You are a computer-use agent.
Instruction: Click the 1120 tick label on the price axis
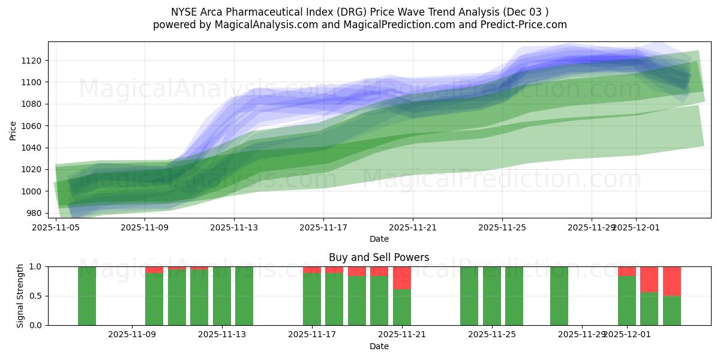[x=32, y=61]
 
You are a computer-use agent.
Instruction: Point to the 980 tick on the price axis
[x=34, y=214]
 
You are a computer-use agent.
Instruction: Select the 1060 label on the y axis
[x=32, y=126]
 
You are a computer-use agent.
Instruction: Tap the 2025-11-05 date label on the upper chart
[x=56, y=227]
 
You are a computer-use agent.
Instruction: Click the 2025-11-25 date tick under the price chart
[x=502, y=227]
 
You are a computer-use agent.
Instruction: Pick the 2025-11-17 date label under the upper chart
[x=323, y=227]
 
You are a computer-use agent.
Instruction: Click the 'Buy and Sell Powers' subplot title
[x=379, y=257]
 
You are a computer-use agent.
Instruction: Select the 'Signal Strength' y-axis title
[x=20, y=295]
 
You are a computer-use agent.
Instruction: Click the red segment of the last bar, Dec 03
[x=671, y=281]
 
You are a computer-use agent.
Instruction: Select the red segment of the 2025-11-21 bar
[x=402, y=278]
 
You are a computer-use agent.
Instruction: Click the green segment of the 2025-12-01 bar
[x=626, y=300]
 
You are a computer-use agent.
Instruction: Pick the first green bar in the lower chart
[x=87, y=296]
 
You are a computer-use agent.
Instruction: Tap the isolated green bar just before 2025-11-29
[x=559, y=296]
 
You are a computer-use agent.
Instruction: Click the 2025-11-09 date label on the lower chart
[x=132, y=335]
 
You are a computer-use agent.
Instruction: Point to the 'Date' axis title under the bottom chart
[x=379, y=346]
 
